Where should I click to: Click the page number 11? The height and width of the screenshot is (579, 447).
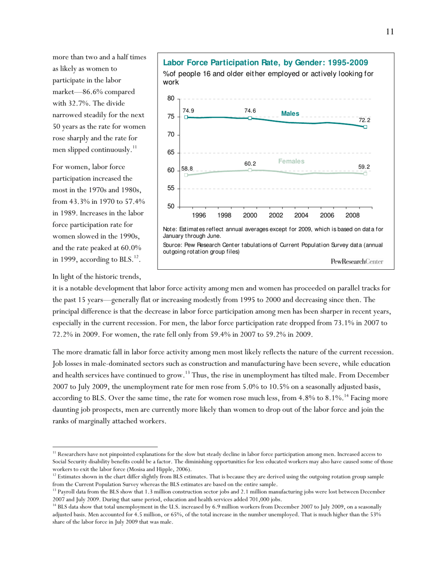390,32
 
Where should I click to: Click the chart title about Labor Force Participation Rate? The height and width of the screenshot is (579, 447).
265,63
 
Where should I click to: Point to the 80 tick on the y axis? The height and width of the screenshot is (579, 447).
170,99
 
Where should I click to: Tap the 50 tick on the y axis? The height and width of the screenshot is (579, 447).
170,207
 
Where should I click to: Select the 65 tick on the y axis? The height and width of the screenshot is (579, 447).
170,153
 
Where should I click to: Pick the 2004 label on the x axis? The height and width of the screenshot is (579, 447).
301,215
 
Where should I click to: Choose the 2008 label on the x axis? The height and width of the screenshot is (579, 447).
352,215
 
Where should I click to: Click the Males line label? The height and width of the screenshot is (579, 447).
290,114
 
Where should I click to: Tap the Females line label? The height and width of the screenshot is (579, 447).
291,161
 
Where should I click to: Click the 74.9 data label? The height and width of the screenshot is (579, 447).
188,110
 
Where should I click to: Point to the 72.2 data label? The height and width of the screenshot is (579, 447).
365,121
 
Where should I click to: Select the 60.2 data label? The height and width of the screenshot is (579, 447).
250,163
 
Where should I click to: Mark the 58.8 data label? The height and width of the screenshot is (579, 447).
187,168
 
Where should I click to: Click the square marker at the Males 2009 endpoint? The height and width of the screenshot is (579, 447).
366,127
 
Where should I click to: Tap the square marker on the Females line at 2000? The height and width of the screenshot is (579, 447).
250,170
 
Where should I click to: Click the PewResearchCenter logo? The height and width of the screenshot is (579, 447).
357,261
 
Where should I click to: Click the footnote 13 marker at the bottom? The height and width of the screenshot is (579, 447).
54,490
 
